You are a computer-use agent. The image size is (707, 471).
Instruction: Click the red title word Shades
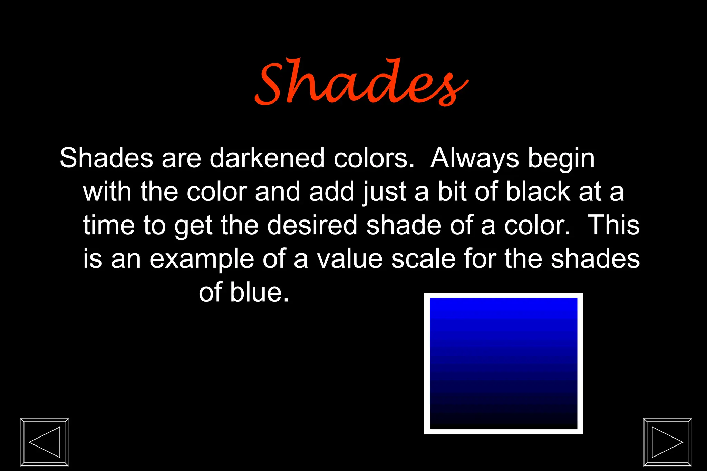click(x=361, y=83)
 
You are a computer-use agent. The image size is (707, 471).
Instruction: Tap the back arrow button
click(x=45, y=442)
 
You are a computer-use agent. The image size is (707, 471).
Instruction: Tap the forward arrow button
click(x=667, y=442)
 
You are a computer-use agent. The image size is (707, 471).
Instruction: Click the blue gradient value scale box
click(x=503, y=364)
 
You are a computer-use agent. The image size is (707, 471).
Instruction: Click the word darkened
click(x=267, y=158)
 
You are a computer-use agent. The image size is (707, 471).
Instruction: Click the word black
click(x=538, y=192)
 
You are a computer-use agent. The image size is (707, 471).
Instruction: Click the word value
click(x=350, y=259)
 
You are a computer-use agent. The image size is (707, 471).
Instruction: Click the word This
click(x=613, y=225)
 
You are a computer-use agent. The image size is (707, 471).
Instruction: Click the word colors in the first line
click(x=374, y=158)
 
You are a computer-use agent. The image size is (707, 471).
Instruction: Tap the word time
click(x=108, y=225)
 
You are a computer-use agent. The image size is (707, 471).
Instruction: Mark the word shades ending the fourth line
click(x=595, y=259)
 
